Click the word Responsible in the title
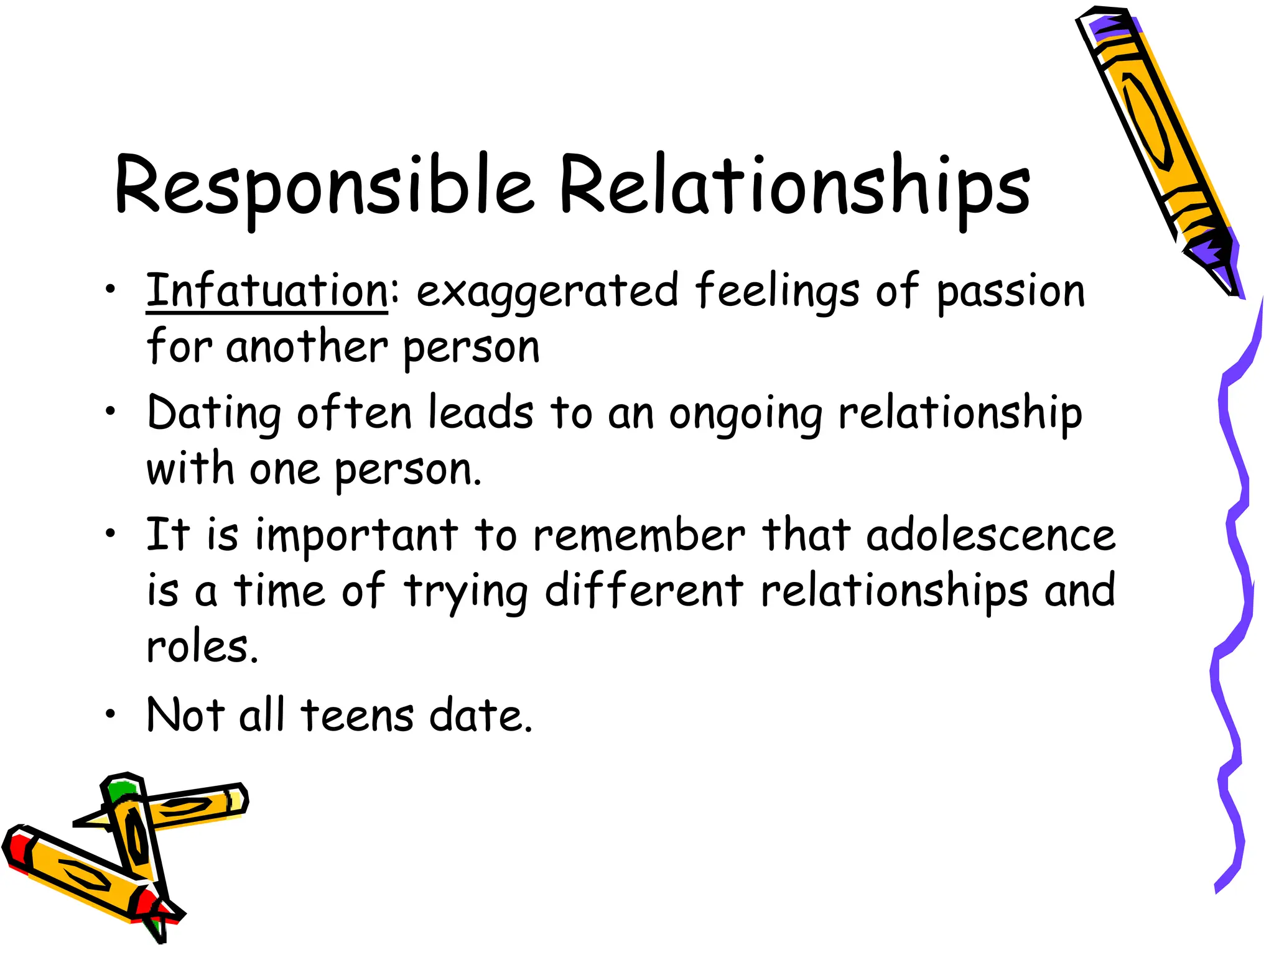[323, 187]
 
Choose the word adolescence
[991, 535]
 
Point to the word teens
[357, 715]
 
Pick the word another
[307, 347]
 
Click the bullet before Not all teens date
[110, 714]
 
